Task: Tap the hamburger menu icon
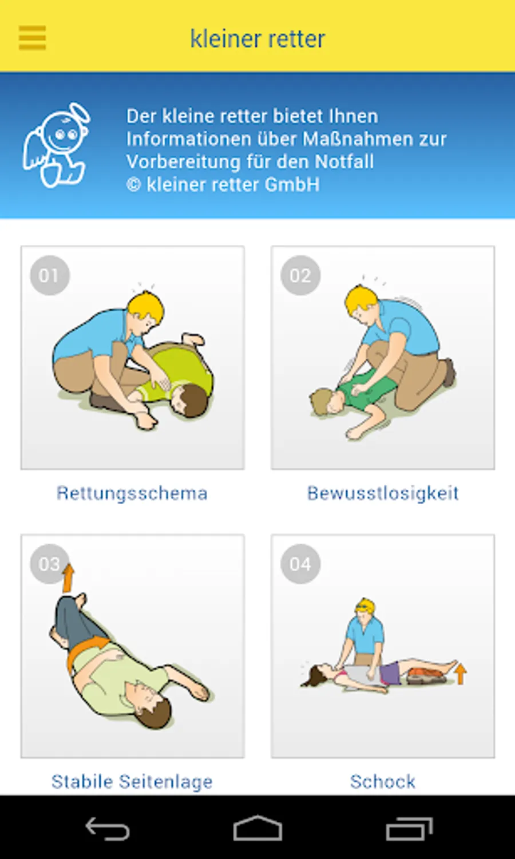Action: click(x=32, y=38)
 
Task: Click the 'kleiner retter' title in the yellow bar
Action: click(x=257, y=39)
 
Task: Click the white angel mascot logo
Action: click(x=56, y=145)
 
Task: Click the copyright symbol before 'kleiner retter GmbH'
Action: click(x=134, y=185)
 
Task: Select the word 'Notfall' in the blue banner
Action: click(x=344, y=161)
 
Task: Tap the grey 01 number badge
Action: click(x=50, y=275)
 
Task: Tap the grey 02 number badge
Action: click(x=300, y=275)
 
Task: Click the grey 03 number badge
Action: click(x=49, y=564)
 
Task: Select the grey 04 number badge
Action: click(x=300, y=564)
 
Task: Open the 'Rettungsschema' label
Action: click(x=132, y=493)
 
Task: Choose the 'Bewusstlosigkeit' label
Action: click(x=383, y=493)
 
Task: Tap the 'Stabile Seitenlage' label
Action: click(x=132, y=782)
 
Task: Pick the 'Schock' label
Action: click(x=383, y=782)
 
